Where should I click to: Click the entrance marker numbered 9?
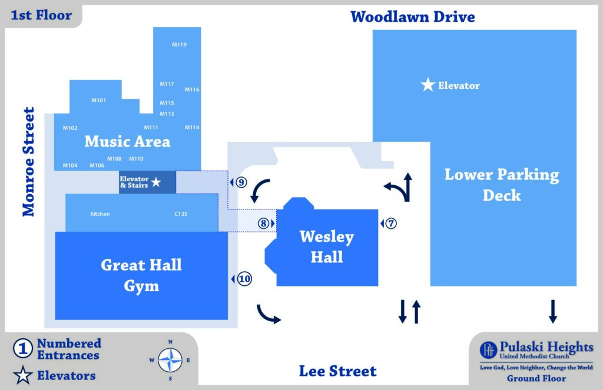pyautogui.click(x=241, y=182)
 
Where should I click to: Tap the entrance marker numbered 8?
pyautogui.click(x=263, y=224)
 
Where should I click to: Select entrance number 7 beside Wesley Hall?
pyautogui.click(x=391, y=224)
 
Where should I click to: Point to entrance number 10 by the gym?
pyautogui.click(x=244, y=279)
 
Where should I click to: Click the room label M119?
pyautogui.click(x=179, y=45)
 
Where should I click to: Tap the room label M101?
pyautogui.click(x=99, y=100)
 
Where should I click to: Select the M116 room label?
pyautogui.click(x=192, y=89)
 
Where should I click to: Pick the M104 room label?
pyautogui.click(x=70, y=166)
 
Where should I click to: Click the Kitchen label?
pyautogui.click(x=100, y=214)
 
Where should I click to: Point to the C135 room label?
pyautogui.click(x=181, y=214)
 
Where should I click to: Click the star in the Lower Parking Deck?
pyautogui.click(x=428, y=85)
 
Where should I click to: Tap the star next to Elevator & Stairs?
pyautogui.click(x=155, y=182)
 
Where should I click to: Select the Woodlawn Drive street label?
pyautogui.click(x=413, y=17)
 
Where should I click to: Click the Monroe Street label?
pyautogui.click(x=28, y=162)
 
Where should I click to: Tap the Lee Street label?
pyautogui.click(x=338, y=371)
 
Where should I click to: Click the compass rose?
pyautogui.click(x=170, y=360)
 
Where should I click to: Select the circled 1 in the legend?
pyautogui.click(x=23, y=349)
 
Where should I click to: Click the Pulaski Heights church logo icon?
pyautogui.click(x=488, y=350)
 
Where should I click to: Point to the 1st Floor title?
pyautogui.click(x=41, y=15)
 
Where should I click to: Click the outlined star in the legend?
pyautogui.click(x=23, y=375)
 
